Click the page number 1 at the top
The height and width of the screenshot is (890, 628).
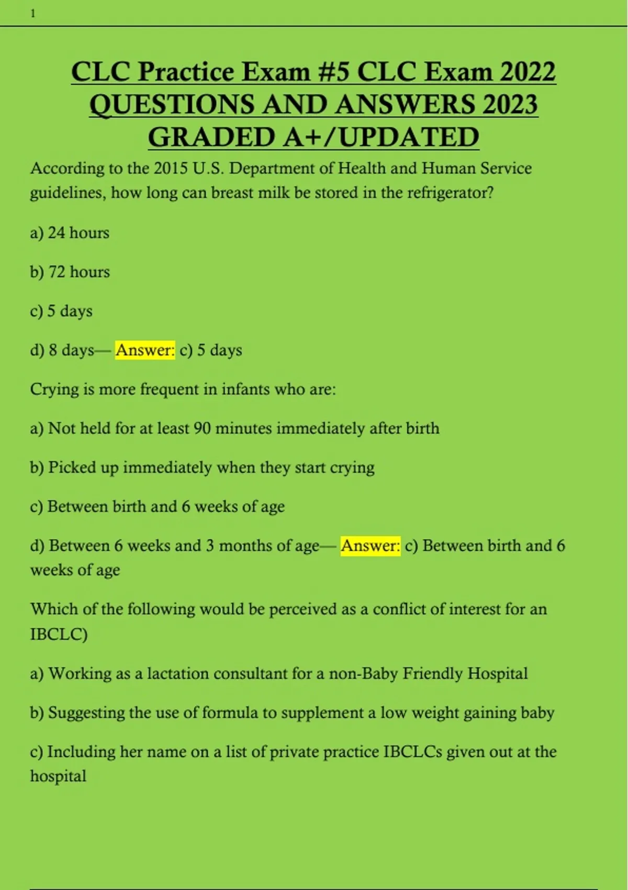pyautogui.click(x=33, y=14)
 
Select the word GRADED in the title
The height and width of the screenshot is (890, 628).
pyautogui.click(x=212, y=137)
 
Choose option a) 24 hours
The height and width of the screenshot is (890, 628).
pyautogui.click(x=70, y=232)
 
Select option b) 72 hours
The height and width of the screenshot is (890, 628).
pyautogui.click(x=70, y=272)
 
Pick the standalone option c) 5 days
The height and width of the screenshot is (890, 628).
pyautogui.click(x=61, y=311)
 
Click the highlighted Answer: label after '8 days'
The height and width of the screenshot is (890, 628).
pyautogui.click(x=145, y=350)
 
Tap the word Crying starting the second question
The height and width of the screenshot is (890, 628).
pyautogui.click(x=54, y=390)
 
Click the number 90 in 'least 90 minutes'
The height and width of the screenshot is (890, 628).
pyautogui.click(x=202, y=428)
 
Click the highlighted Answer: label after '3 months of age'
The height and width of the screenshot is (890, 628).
pyautogui.click(x=371, y=546)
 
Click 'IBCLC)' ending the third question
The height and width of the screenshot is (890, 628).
pyautogui.click(x=59, y=633)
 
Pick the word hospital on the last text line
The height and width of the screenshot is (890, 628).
pyautogui.click(x=58, y=776)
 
